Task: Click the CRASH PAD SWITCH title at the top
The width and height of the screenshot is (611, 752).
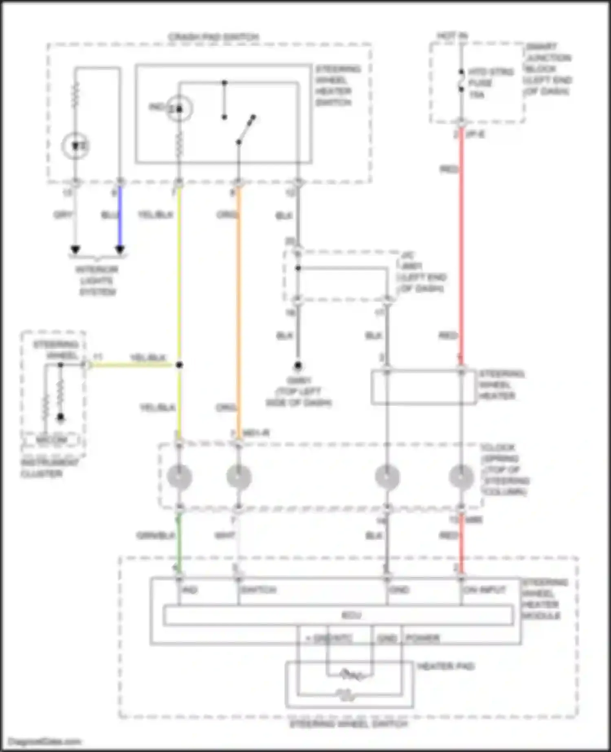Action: point(213,37)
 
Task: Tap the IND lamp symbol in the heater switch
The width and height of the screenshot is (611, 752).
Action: point(178,109)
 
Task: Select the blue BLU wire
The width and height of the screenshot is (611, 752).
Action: point(120,216)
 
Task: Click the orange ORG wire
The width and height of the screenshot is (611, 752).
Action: point(239,310)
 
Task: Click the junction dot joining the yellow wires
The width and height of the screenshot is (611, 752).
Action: point(179,365)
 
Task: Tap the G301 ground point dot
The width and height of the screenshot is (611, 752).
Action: point(298,366)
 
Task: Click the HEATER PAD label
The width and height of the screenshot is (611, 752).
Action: point(446,666)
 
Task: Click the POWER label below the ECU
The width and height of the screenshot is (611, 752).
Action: point(423,638)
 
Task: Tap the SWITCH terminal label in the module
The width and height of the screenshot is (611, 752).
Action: point(258,590)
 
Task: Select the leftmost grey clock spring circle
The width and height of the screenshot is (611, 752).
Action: point(179,477)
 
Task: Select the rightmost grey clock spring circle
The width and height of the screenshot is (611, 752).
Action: point(461,477)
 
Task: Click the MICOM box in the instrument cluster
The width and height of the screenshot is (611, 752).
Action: point(52,440)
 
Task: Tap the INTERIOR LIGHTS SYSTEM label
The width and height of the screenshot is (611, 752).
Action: point(97,281)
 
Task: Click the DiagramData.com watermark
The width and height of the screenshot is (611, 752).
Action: point(45,742)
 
